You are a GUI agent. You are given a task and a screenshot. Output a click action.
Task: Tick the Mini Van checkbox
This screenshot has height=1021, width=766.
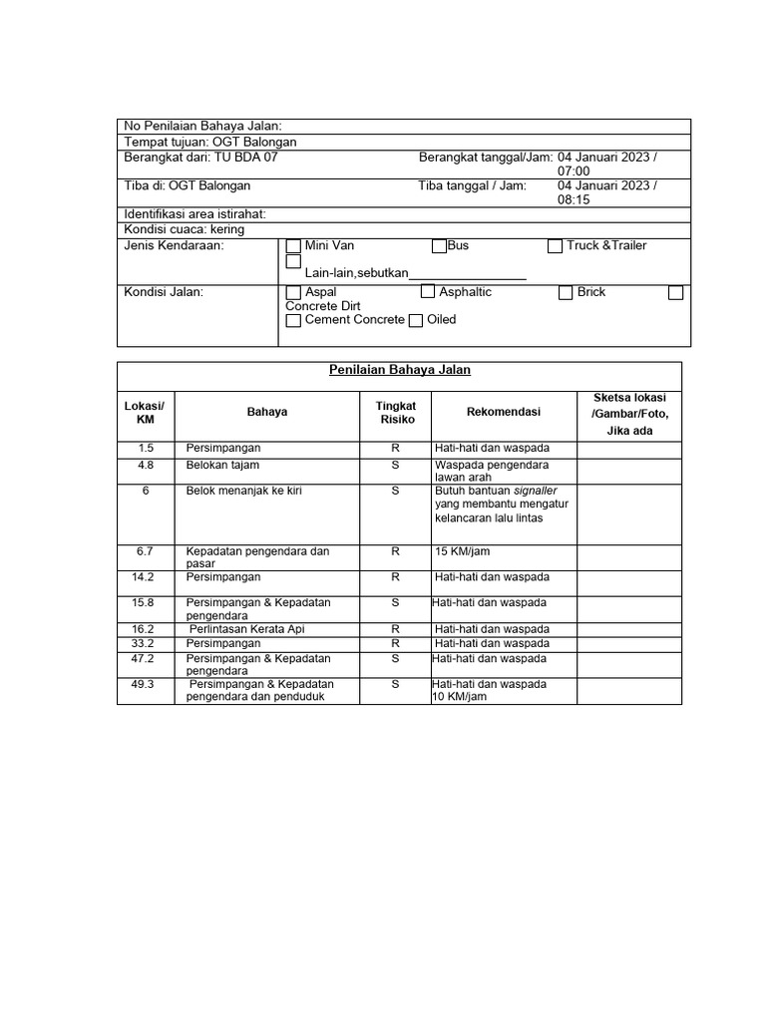pos(293,246)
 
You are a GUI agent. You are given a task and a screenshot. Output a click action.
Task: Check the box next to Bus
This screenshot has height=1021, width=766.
pos(439,246)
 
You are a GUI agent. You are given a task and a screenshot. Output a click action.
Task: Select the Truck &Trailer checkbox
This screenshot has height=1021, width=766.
pos(556,246)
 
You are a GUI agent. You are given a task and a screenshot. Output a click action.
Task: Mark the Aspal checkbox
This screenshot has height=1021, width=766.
pos(293,293)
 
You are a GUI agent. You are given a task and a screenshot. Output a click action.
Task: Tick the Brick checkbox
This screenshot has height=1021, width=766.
pos(566,293)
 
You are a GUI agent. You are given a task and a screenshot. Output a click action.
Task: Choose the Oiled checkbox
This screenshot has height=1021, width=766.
pos(416,321)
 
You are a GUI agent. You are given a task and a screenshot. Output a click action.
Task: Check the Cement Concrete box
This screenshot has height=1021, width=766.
pos(293,321)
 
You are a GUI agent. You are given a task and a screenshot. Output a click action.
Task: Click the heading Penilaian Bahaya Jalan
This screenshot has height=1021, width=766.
pos(400,370)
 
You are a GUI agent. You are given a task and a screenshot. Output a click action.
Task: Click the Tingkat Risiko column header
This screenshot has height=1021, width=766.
pos(396,413)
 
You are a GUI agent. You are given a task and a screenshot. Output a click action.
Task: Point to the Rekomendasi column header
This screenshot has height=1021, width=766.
pos(503,412)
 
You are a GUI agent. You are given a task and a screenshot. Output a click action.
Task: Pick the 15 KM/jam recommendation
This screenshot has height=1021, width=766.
pos(462,550)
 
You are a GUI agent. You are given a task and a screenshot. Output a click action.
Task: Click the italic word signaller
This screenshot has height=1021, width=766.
pos(535,492)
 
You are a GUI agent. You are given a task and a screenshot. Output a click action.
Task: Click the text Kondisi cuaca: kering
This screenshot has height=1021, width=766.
pos(185,229)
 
